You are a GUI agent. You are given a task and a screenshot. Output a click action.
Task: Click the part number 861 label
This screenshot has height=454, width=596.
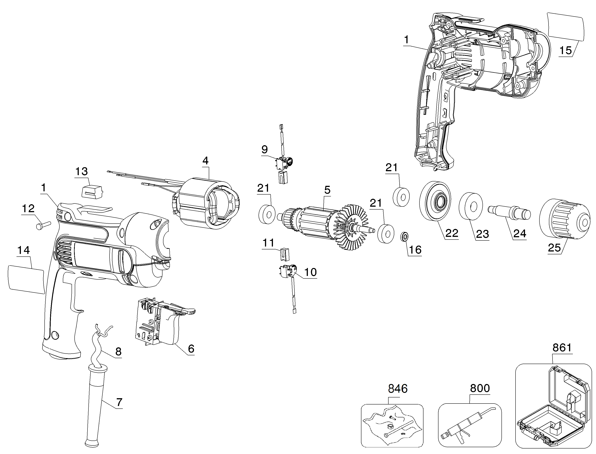562,348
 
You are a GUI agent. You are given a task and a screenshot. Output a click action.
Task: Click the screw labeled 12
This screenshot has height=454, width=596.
43,225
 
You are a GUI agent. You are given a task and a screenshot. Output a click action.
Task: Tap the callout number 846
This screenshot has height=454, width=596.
398,389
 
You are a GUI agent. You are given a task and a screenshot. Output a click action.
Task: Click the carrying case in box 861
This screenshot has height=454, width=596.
553,408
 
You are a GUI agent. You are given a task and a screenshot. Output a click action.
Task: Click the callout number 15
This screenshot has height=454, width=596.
565,50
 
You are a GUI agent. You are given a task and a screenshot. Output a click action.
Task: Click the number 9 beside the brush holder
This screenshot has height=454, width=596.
264,149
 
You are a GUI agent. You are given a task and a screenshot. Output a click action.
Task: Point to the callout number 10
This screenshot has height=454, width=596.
310,272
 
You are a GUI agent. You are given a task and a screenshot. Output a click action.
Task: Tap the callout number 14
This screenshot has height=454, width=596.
24,251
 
